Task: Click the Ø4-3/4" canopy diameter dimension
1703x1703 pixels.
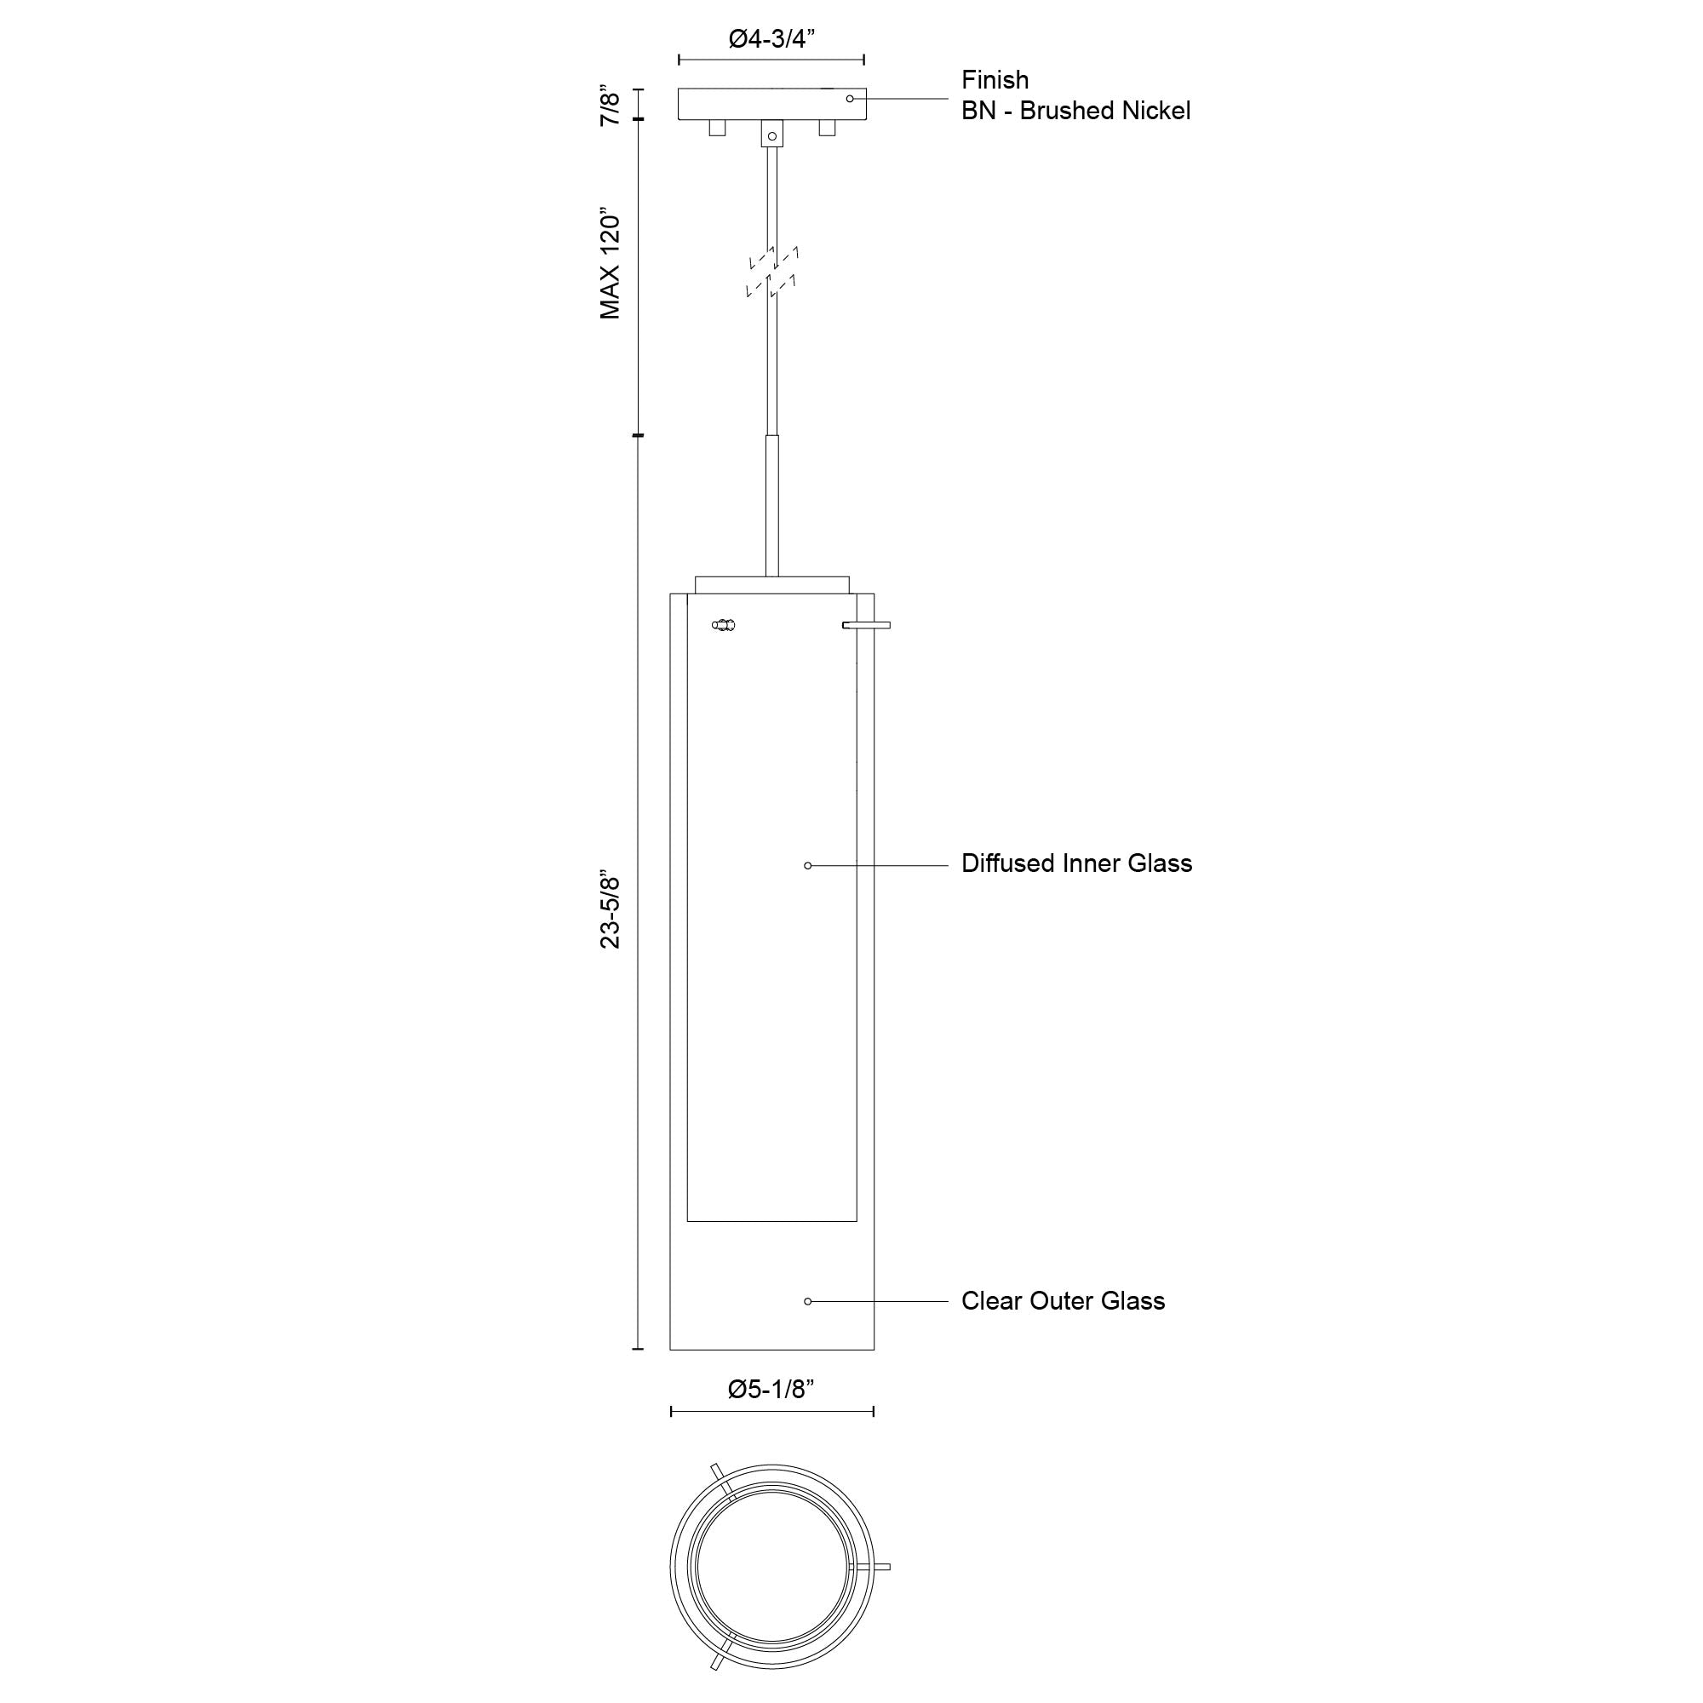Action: click(x=771, y=40)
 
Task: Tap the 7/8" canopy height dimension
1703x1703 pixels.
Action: click(x=610, y=106)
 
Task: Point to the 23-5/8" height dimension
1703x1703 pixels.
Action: click(x=610, y=912)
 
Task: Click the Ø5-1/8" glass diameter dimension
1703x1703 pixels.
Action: click(x=771, y=1390)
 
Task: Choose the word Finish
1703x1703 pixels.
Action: click(x=995, y=80)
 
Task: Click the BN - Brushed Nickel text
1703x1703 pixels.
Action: click(x=1075, y=111)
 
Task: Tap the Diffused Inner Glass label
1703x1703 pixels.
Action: click(x=1076, y=863)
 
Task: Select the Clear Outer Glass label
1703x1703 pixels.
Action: click(x=1062, y=1301)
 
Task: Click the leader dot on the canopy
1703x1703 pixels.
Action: click(x=850, y=99)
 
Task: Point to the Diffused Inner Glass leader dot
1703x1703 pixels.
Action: click(x=807, y=866)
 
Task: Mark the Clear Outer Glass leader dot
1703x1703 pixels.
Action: click(x=807, y=1301)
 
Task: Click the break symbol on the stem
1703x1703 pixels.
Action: click(x=772, y=272)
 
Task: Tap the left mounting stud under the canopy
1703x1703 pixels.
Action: click(x=718, y=128)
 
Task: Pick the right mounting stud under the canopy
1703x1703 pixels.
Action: click(x=827, y=128)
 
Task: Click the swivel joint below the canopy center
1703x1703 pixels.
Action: click(x=772, y=135)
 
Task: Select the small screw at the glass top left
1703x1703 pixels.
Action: click(x=724, y=626)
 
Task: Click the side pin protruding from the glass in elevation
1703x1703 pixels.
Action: click(x=867, y=625)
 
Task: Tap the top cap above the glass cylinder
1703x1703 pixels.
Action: click(x=772, y=584)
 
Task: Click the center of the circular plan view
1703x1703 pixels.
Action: click(x=772, y=1567)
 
